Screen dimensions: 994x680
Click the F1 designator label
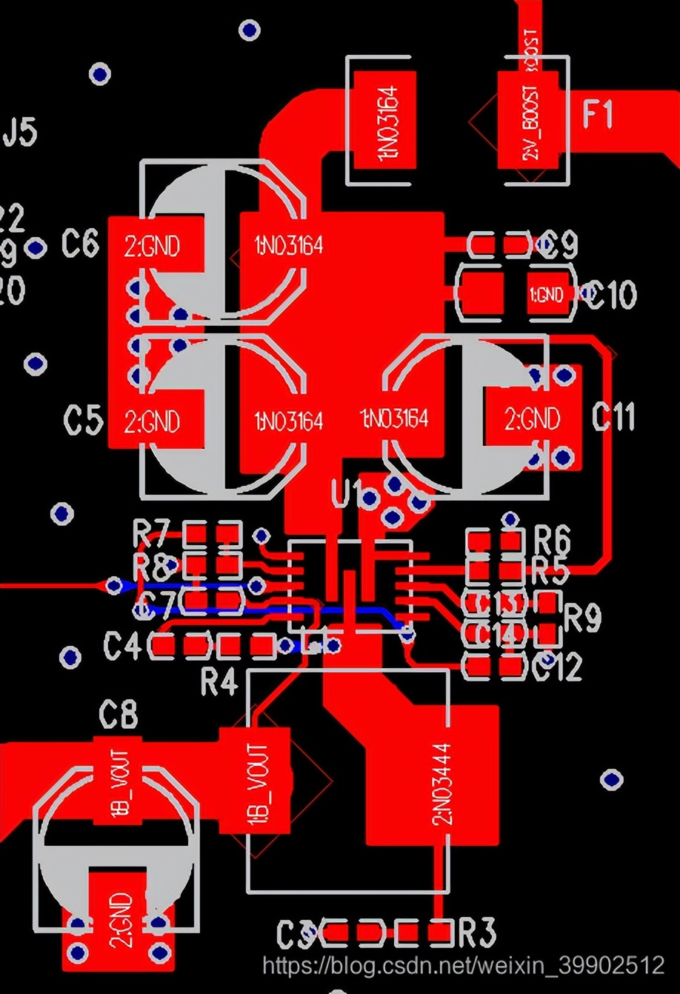(x=598, y=115)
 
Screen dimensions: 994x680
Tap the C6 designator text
(x=80, y=243)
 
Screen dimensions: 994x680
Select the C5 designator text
(x=83, y=420)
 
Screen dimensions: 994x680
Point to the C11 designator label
(x=613, y=418)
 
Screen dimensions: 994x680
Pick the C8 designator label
(x=119, y=716)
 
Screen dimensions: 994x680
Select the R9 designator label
(x=582, y=618)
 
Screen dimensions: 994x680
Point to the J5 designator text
(x=20, y=133)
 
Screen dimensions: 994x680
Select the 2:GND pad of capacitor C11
(x=532, y=419)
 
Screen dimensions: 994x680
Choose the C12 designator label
(x=558, y=668)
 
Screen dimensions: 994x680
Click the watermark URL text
(x=464, y=964)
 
